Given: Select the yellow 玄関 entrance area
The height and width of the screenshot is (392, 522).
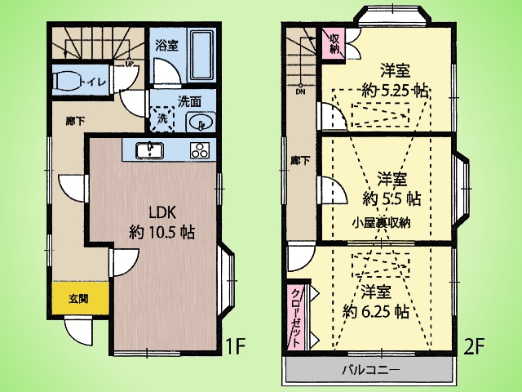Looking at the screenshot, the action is (80, 298).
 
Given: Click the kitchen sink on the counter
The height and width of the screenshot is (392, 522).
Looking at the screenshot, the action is (149, 150).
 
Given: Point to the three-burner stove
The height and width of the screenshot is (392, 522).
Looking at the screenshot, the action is (200, 150).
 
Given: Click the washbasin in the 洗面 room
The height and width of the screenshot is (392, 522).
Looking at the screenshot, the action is (201, 122).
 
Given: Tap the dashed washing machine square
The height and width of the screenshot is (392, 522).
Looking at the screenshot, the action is (162, 118).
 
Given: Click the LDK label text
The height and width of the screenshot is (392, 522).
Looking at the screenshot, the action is (162, 212).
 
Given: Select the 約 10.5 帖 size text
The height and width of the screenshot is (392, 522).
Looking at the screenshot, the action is (161, 232).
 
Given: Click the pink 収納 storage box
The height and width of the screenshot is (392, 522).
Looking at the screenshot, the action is (334, 43).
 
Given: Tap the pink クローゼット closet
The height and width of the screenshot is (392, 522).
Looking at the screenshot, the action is (296, 318).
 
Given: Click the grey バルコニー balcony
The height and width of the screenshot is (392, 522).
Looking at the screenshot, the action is (369, 370).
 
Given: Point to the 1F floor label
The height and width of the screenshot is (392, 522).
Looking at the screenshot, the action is (236, 346).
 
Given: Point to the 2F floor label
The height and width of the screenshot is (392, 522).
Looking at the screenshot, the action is (475, 346).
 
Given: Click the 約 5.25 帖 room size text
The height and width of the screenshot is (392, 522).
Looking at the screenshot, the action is (395, 90).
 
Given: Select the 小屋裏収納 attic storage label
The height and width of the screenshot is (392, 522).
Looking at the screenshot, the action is (382, 222).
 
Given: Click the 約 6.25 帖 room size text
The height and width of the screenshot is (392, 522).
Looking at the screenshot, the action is (376, 312).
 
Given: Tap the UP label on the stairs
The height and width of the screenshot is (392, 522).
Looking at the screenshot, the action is (129, 63).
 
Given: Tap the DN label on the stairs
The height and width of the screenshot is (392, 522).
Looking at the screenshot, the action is (300, 91).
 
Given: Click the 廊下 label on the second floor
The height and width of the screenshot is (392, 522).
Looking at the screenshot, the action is (300, 162).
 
